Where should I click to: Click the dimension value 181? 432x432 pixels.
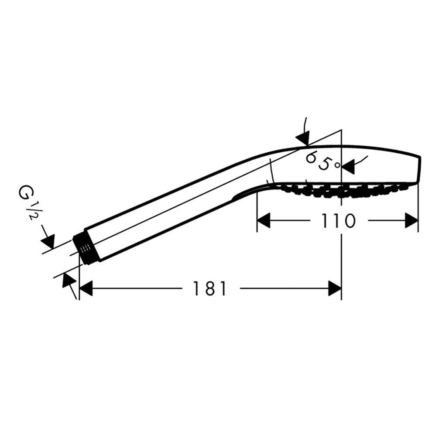point(210,288)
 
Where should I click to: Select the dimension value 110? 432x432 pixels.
point(338,221)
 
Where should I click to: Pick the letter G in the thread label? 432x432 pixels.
point(24,192)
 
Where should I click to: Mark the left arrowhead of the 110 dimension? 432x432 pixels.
point(264,221)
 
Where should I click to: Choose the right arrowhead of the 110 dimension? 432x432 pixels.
point(411,221)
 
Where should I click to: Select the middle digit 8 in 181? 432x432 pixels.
point(210,288)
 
